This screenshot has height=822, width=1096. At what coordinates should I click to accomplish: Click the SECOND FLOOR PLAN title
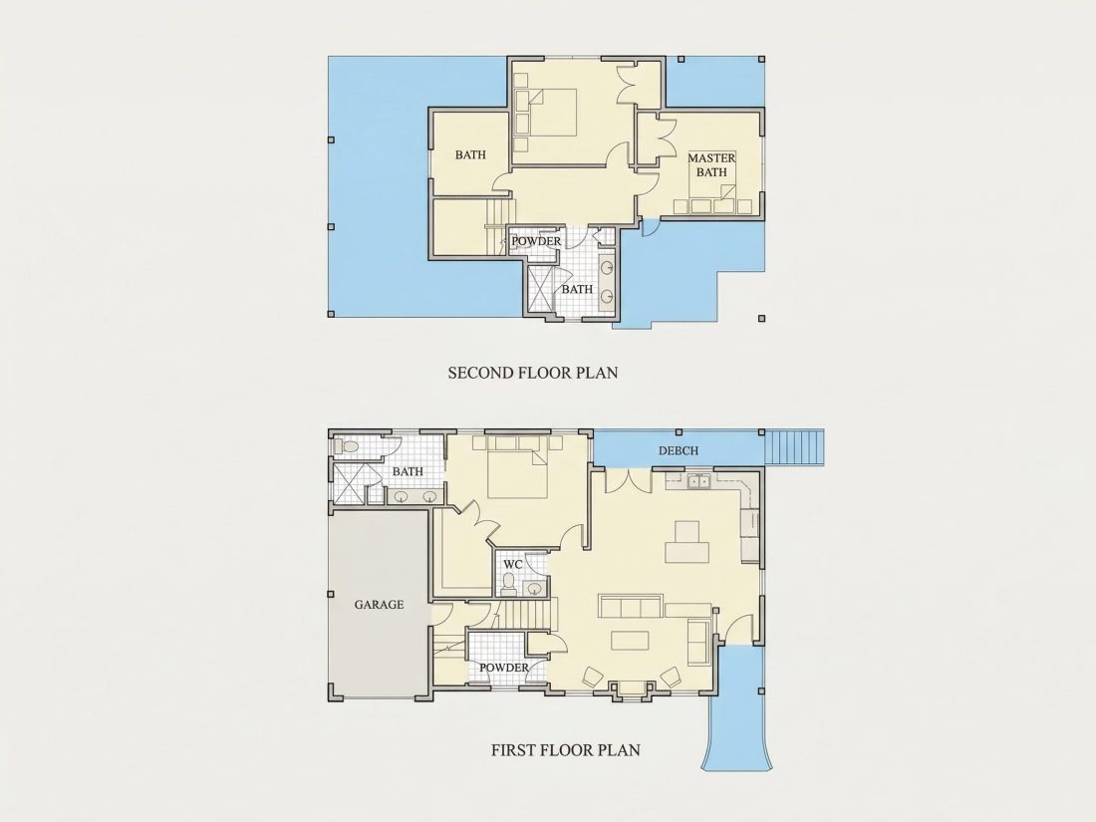click(x=533, y=373)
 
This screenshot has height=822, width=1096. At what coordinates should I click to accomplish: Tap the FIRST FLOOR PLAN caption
click(x=566, y=750)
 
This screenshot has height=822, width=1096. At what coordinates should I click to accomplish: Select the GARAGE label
click(x=379, y=605)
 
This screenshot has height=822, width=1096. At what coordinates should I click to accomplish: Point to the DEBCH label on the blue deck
click(x=678, y=450)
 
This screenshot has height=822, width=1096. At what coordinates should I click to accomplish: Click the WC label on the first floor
click(x=513, y=564)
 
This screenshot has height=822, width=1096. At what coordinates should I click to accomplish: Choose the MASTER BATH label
click(x=711, y=165)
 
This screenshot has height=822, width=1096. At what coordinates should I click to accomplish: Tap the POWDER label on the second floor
click(x=536, y=241)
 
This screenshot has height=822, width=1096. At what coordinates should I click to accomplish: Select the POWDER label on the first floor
click(x=504, y=668)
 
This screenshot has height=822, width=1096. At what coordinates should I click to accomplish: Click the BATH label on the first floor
click(x=408, y=471)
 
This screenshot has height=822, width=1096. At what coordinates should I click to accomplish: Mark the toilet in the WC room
click(x=509, y=582)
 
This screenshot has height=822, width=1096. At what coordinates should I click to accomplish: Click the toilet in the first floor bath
click(x=347, y=445)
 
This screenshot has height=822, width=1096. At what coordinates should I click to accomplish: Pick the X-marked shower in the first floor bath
click(x=349, y=483)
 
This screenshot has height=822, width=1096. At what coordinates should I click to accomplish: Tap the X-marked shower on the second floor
click(x=542, y=289)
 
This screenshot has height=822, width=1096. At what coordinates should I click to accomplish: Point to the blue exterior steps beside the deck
click(x=795, y=447)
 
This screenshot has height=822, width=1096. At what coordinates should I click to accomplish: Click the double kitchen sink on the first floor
click(x=696, y=481)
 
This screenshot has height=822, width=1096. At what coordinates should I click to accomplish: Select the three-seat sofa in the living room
click(x=631, y=606)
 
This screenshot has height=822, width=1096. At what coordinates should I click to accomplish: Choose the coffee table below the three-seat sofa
click(x=630, y=641)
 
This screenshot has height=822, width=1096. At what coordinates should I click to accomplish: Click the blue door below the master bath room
click(x=650, y=227)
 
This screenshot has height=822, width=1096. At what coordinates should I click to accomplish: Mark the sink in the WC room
click(x=535, y=588)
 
